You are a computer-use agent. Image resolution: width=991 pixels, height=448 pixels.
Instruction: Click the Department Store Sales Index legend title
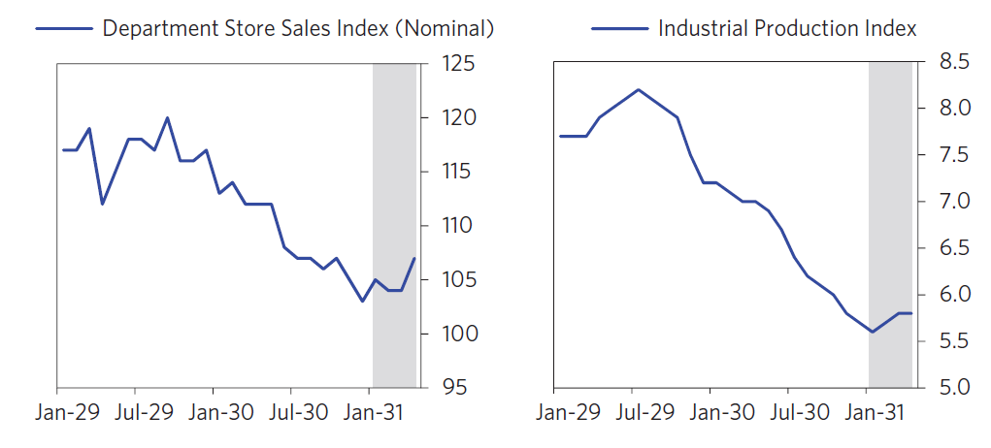[x=298, y=29]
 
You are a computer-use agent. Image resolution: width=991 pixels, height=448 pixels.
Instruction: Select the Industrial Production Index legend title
[x=786, y=29]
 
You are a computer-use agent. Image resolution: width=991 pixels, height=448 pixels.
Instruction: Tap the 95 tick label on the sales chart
[x=455, y=388]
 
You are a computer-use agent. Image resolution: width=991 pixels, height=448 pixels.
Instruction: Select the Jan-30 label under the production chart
[x=722, y=412]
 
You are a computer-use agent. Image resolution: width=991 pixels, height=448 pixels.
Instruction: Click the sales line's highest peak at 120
[x=167, y=117]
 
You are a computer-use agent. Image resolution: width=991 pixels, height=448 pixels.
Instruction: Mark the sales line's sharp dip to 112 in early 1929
[x=102, y=204]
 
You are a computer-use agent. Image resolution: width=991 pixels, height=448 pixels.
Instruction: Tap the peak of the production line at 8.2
[x=638, y=89]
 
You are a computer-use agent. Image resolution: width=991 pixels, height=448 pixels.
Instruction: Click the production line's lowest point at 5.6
[x=872, y=332]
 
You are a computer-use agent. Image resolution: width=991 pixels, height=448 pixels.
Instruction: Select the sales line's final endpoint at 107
[x=414, y=258]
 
